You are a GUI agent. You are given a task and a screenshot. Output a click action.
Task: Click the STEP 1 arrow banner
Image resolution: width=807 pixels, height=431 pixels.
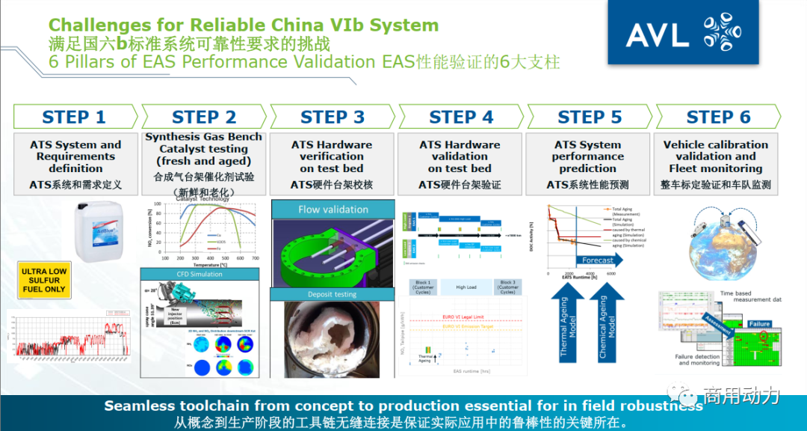tap(75, 117)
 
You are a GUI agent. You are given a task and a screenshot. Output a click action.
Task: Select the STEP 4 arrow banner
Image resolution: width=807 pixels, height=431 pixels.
tap(461, 117)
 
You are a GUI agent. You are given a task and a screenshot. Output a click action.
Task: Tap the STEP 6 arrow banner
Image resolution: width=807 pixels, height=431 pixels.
tap(717, 117)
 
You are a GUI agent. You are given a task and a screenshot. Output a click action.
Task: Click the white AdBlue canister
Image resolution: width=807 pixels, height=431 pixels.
tap(99, 233)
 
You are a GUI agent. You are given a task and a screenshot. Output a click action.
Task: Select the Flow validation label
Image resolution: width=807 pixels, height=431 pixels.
tap(333, 210)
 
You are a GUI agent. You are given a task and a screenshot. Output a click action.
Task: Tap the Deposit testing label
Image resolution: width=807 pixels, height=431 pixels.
tap(333, 294)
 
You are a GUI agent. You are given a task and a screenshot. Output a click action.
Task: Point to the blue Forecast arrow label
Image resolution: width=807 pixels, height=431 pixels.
tap(597, 260)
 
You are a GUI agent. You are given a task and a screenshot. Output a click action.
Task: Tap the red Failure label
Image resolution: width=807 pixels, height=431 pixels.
tap(758, 324)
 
